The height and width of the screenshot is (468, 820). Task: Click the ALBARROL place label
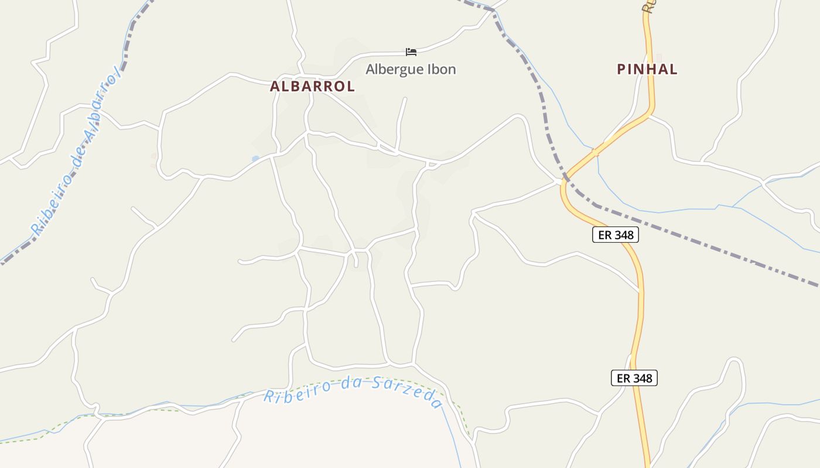[312, 86]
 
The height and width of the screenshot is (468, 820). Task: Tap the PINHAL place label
[647, 69]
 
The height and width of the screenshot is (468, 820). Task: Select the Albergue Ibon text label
[411, 69]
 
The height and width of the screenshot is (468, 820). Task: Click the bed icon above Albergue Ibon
[411, 52]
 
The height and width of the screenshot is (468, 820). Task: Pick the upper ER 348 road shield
[615, 235]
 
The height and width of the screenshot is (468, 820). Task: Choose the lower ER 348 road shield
[634, 378]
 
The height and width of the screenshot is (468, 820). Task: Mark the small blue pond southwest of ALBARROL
[255, 159]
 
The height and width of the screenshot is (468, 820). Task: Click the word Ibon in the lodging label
[443, 69]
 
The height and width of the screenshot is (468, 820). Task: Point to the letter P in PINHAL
[621, 69]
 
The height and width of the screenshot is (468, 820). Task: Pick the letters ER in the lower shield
[623, 378]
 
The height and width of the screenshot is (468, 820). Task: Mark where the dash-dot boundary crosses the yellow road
[566, 175]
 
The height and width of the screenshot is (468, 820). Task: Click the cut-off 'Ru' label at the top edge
[648, 6]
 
